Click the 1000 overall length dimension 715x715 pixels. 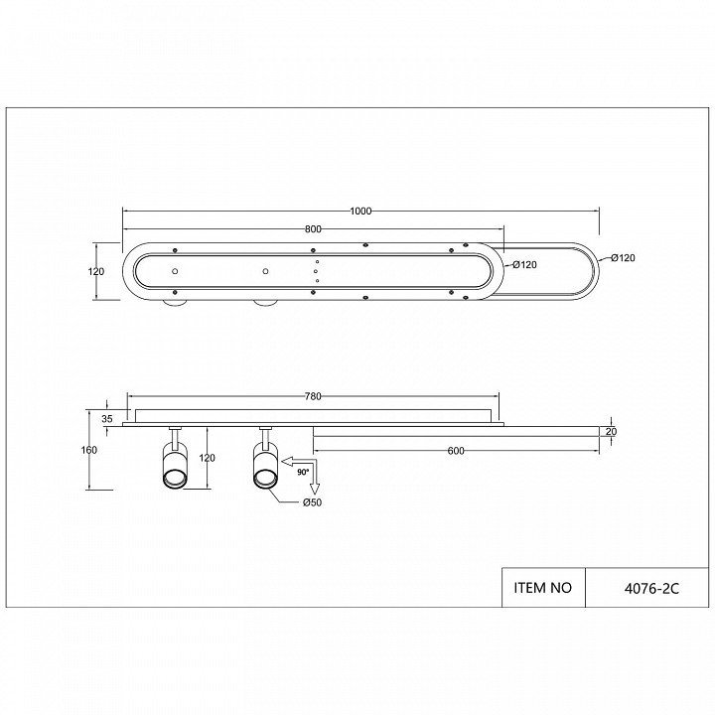coord(360,212)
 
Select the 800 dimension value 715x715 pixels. coord(313,229)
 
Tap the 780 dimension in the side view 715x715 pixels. coord(313,396)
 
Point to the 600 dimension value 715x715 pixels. coord(456,451)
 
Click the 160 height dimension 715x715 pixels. coord(89,450)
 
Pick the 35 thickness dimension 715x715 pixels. coord(107,419)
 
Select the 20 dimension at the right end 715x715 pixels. coord(611,431)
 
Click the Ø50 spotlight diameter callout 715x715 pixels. coord(313,502)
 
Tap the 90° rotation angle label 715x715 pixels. coord(303,473)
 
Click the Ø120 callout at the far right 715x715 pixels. coord(624,258)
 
